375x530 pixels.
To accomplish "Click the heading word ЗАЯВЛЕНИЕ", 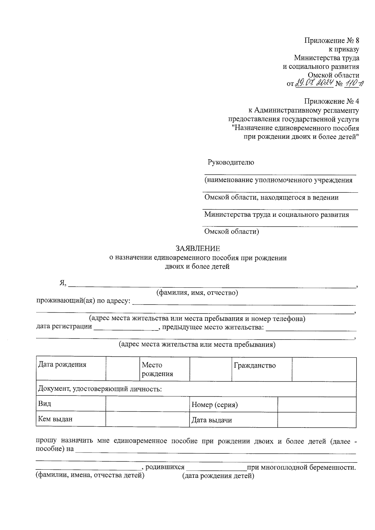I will point(197,249).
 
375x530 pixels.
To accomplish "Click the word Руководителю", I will point(231,162).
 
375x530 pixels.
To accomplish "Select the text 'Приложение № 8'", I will point(332,41).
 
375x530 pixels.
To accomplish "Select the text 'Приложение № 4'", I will point(332,102).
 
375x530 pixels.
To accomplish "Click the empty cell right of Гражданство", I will point(324,369).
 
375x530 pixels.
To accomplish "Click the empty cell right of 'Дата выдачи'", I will point(317,420).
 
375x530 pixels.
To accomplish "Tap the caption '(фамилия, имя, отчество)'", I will point(197,293).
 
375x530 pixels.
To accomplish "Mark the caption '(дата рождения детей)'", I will point(218,476).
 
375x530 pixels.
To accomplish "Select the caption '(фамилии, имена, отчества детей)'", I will point(90,475).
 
